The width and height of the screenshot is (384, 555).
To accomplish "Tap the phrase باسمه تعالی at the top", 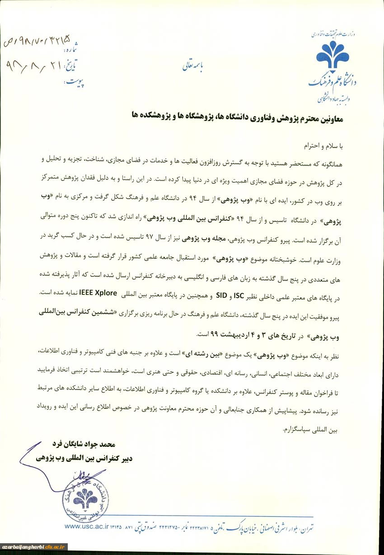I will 193,66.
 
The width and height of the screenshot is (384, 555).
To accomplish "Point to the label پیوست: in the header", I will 75,82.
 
